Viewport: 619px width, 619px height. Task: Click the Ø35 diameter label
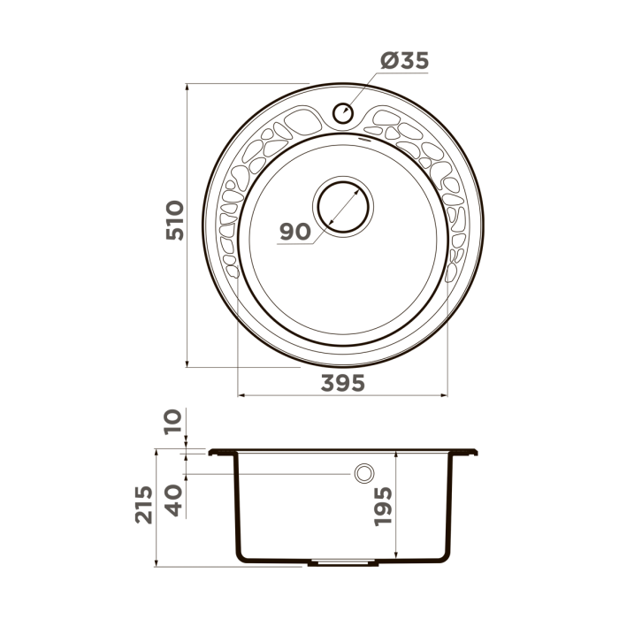pyautogui.click(x=404, y=61)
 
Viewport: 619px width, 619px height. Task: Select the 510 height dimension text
pyautogui.click(x=174, y=222)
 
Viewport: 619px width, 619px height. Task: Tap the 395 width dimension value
pyautogui.click(x=342, y=383)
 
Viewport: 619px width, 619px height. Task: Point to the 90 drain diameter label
pyautogui.click(x=294, y=232)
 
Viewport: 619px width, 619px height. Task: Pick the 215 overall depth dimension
pyautogui.click(x=144, y=505)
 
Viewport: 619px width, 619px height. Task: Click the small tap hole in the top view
pyautogui.click(x=343, y=112)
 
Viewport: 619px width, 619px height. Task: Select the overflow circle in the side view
pyautogui.click(x=363, y=474)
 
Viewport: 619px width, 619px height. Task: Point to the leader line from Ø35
pyautogui.click(x=364, y=89)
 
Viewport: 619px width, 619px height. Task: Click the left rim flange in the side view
pyautogui.click(x=222, y=453)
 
